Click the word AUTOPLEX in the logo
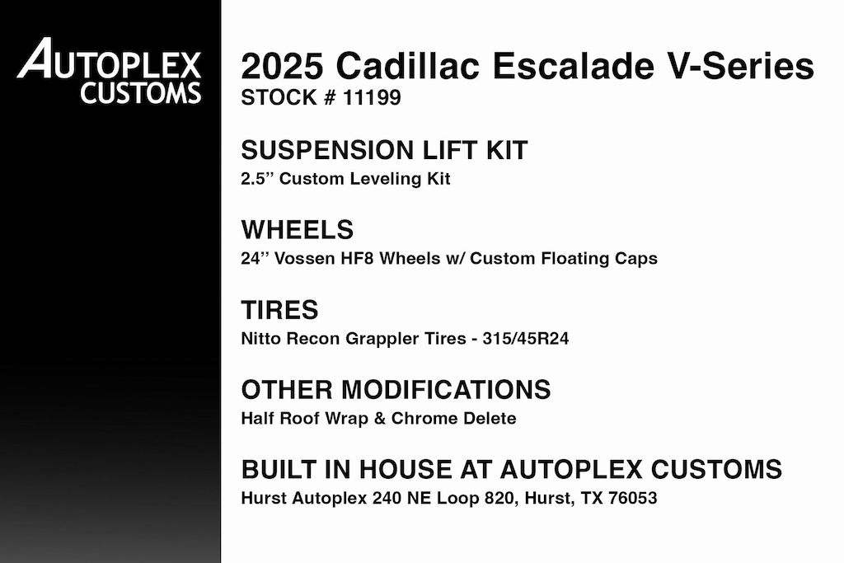[110, 58]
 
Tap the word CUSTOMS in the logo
[141, 92]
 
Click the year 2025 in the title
[282, 66]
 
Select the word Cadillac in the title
[407, 66]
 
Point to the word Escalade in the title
[574, 66]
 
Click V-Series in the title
[741, 66]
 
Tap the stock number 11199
[372, 98]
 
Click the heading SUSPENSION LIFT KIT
[384, 150]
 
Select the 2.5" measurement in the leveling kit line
[257, 179]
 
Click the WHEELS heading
[297, 230]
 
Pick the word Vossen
[305, 258]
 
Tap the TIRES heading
[280, 310]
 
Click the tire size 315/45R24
[525, 339]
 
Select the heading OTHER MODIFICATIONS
[396, 390]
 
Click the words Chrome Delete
[454, 418]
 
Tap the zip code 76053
[633, 498]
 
